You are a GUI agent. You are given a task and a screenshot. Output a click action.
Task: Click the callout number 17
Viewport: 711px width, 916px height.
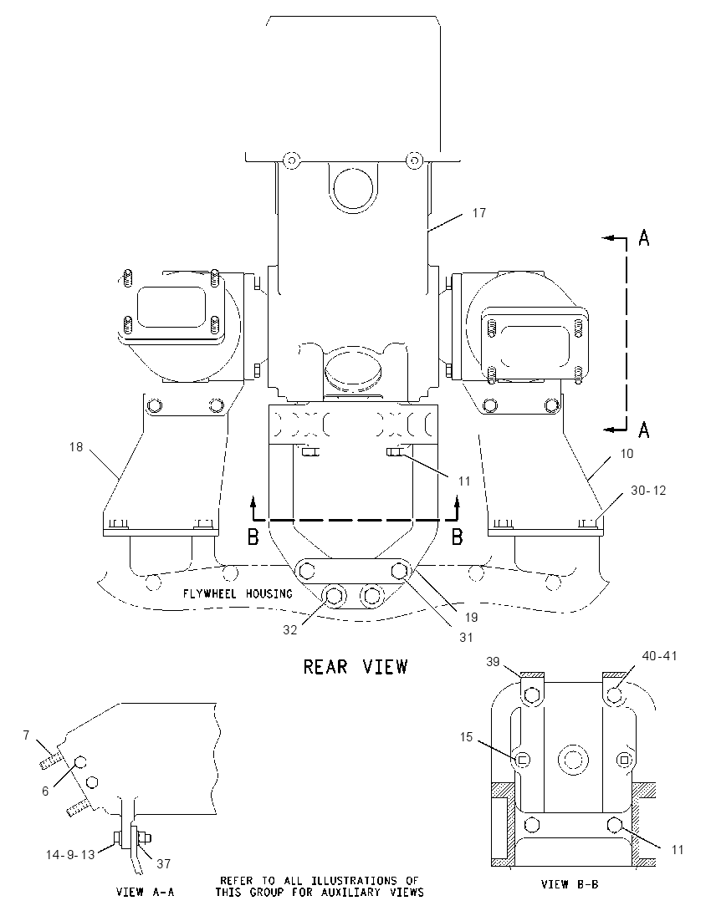[478, 213]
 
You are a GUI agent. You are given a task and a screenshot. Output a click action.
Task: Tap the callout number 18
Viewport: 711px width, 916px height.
[76, 447]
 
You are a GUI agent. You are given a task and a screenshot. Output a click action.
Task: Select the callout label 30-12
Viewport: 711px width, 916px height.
[648, 491]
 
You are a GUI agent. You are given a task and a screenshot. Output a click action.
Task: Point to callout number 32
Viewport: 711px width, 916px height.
[290, 630]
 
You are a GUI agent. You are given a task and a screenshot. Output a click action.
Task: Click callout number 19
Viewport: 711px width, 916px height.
[471, 618]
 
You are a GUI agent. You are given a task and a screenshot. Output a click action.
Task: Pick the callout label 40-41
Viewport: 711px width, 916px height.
[659, 656]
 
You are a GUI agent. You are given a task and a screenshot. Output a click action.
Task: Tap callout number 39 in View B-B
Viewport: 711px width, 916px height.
[493, 661]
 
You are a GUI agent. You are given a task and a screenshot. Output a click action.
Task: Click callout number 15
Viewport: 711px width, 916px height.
[466, 737]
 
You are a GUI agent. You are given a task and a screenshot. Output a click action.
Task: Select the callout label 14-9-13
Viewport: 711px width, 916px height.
[71, 855]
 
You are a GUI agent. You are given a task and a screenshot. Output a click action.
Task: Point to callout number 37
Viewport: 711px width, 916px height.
[164, 863]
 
